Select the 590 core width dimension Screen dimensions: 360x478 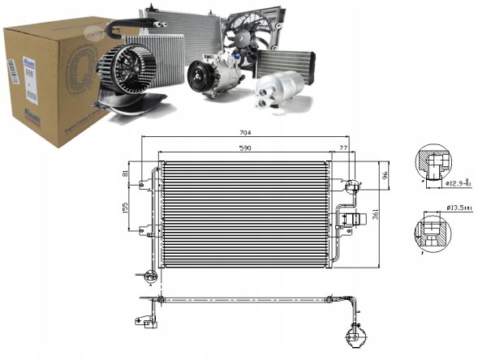coord(244,149)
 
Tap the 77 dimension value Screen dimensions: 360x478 coord(343,149)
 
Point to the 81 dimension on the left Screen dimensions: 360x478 coord(125,174)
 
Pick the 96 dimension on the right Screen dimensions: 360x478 coord(387,174)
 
